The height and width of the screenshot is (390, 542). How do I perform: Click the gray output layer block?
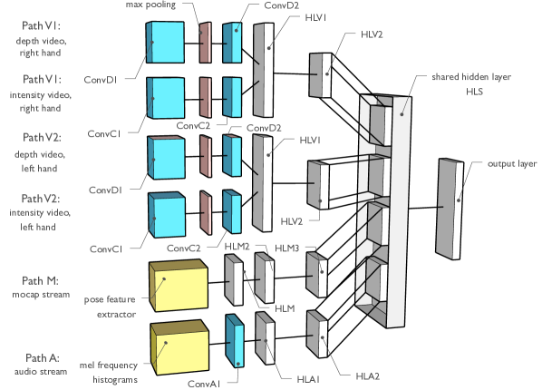tap(450, 209)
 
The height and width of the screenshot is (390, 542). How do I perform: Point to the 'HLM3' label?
tap(289, 248)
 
